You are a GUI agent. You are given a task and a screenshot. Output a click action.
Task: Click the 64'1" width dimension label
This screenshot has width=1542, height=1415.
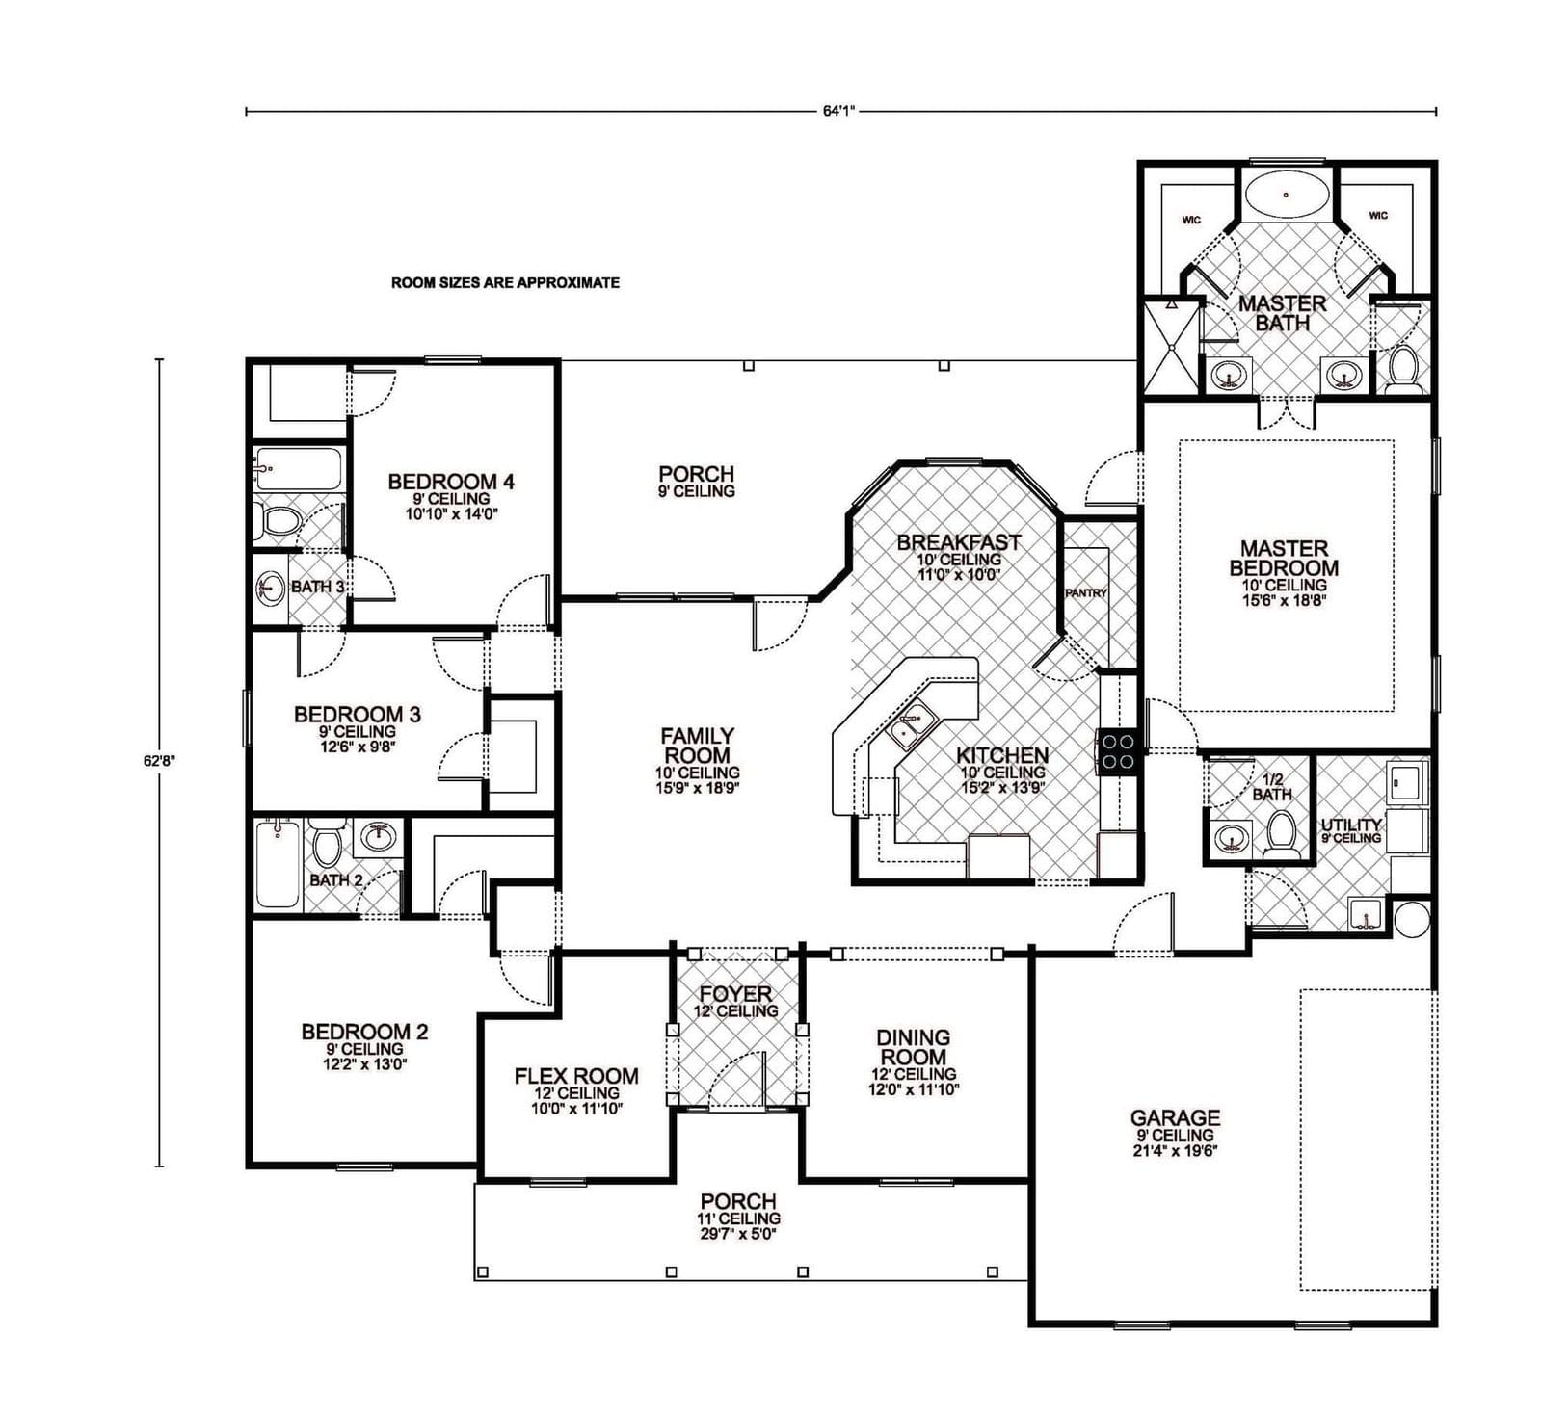point(839,111)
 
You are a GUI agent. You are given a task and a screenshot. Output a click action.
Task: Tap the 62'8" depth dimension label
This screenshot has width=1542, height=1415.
point(160,760)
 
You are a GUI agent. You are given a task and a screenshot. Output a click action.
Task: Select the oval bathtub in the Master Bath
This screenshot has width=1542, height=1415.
point(1286,196)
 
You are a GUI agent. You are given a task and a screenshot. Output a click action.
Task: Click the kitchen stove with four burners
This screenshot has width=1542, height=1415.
point(1119,751)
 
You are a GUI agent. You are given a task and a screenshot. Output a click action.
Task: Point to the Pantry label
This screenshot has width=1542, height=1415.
point(1086,593)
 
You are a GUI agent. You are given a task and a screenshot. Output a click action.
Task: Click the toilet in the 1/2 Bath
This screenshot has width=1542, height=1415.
point(1281,833)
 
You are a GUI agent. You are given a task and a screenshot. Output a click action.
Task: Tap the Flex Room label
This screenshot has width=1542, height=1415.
point(576,1076)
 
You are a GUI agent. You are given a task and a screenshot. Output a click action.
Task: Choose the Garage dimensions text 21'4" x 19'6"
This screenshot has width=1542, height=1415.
point(1175,1150)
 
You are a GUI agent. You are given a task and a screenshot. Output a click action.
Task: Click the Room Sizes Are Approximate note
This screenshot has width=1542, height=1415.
point(505,283)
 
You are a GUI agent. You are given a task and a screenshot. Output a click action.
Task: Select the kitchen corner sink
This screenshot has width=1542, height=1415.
point(911,726)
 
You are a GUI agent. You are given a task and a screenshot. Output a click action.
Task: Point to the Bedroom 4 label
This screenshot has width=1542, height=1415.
point(451,482)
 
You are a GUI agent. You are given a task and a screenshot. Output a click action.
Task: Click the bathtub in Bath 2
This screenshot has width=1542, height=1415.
point(278,864)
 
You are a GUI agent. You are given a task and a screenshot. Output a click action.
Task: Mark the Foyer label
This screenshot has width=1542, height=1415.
point(735,994)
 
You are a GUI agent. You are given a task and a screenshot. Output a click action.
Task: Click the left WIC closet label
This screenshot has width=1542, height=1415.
point(1191,221)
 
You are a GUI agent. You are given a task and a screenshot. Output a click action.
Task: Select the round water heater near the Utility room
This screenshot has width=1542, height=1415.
point(1412,918)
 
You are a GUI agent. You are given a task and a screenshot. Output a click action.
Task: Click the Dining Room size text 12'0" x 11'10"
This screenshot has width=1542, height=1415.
point(913,1089)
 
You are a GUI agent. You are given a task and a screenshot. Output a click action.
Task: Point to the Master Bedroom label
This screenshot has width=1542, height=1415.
point(1284,558)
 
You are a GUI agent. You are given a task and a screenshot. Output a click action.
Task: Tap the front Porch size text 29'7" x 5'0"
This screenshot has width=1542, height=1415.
point(738,1234)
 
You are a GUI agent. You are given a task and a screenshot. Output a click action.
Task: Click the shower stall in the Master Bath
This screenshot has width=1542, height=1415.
point(1170,347)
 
